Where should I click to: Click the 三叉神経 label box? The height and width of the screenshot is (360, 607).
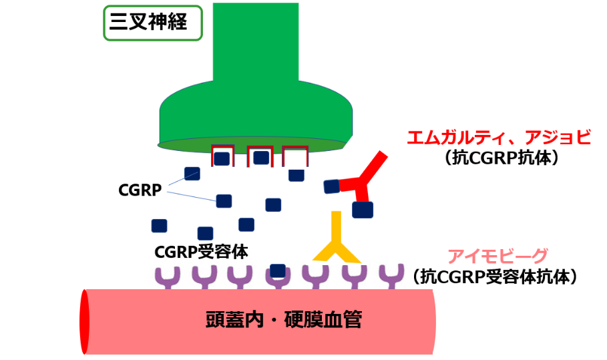pyautogui.click(x=152, y=23)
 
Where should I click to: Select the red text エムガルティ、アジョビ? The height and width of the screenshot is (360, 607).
pyautogui.click(x=499, y=138)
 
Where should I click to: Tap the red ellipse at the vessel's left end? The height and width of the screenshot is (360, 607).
pyautogui.click(x=85, y=322)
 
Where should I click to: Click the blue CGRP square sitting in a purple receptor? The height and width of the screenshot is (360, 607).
pyautogui.click(x=278, y=272)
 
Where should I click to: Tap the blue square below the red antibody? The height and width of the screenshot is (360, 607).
pyautogui.click(x=362, y=210)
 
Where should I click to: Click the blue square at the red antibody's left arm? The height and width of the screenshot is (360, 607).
pyautogui.click(x=331, y=186)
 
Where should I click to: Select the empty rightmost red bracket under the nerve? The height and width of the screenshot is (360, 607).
pyautogui.click(x=295, y=156)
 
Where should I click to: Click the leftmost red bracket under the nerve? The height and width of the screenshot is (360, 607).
pyautogui.click(x=222, y=156)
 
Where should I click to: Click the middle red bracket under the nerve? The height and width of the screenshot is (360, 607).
pyautogui.click(x=259, y=156)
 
